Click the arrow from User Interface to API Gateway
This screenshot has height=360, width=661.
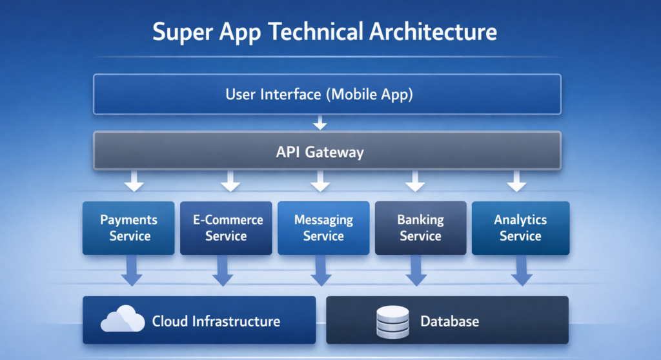[320, 122]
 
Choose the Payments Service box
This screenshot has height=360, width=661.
[129, 228]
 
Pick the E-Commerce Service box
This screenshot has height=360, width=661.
[226, 228]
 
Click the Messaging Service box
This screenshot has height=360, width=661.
[323, 228]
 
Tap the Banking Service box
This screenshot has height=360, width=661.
[420, 228]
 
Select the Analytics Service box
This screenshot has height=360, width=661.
[520, 228]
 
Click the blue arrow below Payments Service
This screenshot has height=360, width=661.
[132, 271]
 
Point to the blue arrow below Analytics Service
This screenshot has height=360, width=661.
[522, 271]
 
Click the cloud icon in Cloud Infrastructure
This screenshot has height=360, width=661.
[123, 319]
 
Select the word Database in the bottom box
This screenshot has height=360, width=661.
[450, 321]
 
